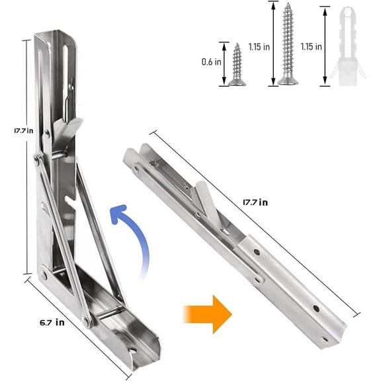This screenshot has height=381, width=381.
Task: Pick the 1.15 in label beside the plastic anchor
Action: point(310,47)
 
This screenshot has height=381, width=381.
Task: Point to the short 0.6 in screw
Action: point(237,64)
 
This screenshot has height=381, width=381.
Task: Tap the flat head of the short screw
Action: point(237,83)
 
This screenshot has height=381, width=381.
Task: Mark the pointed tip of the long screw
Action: point(288,6)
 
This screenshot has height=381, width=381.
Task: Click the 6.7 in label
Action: point(50,323)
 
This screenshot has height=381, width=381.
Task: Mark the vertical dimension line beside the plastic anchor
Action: point(325,46)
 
